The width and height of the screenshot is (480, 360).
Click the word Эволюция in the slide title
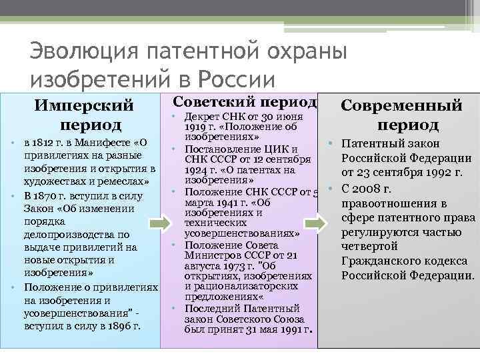73,52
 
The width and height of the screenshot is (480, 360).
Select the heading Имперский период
84,115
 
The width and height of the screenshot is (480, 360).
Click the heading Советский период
244,101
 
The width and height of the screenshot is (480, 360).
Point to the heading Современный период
401,115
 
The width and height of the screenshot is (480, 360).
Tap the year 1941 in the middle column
224,202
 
